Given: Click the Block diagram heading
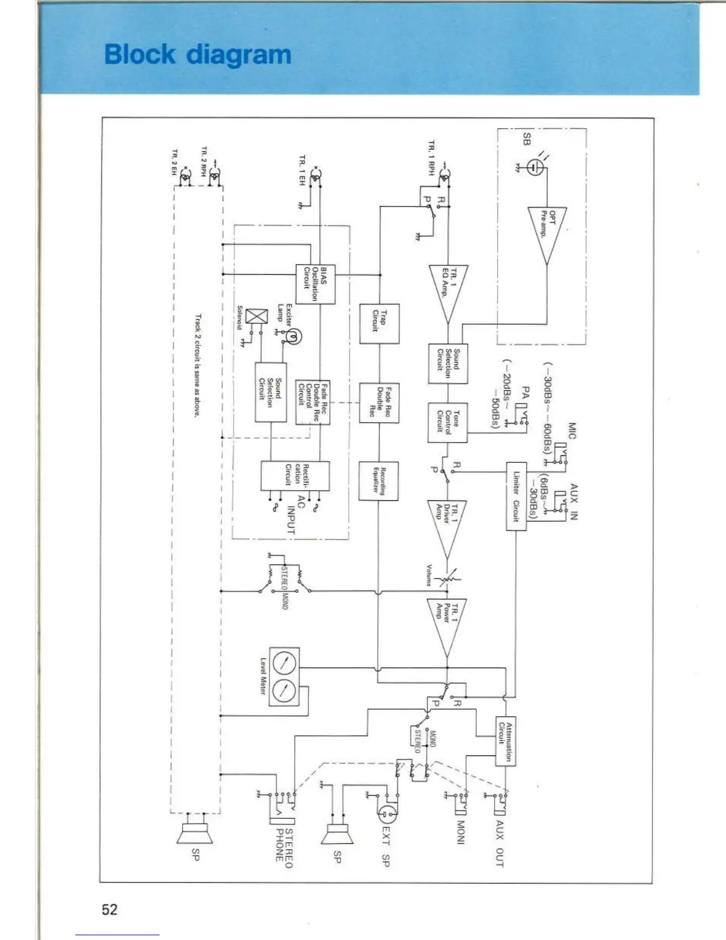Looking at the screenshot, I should (198, 54).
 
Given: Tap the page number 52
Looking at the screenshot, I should (110, 909).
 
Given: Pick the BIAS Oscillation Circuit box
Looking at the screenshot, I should (315, 284).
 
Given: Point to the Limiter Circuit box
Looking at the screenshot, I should (516, 496).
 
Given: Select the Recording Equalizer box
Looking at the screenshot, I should (378, 480).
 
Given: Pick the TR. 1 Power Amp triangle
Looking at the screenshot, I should (447, 624).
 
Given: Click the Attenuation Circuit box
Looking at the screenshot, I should (505, 741).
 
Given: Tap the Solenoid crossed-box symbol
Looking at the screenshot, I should (256, 316).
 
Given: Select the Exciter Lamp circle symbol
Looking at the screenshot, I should (294, 337).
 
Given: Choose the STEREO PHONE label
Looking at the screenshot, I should (284, 849).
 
